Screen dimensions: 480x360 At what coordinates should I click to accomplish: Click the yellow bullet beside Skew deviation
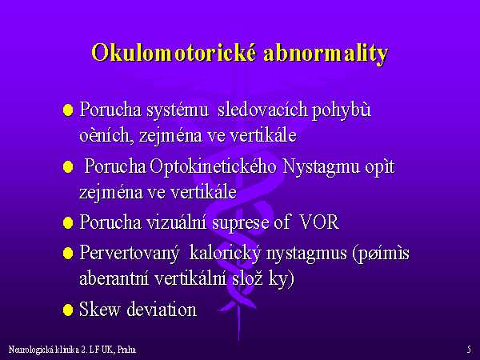(68, 310)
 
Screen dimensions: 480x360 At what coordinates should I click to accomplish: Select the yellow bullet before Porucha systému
(68, 110)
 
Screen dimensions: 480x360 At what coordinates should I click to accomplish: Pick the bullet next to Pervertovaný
(68, 254)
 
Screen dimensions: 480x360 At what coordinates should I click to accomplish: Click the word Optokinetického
(214, 168)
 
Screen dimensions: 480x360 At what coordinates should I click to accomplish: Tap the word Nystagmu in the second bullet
(321, 168)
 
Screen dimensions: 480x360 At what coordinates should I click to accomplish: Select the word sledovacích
(262, 110)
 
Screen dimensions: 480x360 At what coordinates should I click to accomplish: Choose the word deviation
(162, 309)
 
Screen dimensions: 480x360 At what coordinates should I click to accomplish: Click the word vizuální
(176, 222)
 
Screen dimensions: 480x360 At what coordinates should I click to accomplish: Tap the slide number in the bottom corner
(469, 350)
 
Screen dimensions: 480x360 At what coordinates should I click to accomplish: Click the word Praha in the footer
(126, 350)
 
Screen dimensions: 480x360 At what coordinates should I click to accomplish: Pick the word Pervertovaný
(129, 254)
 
